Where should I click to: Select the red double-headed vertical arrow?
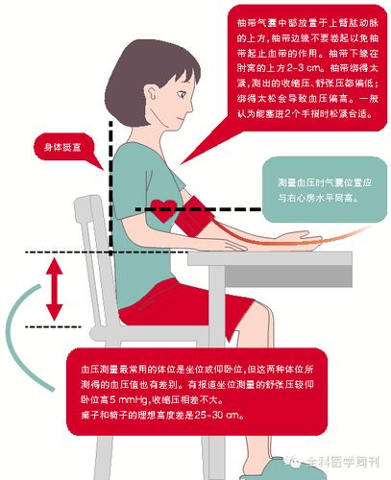(x=55, y=294)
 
